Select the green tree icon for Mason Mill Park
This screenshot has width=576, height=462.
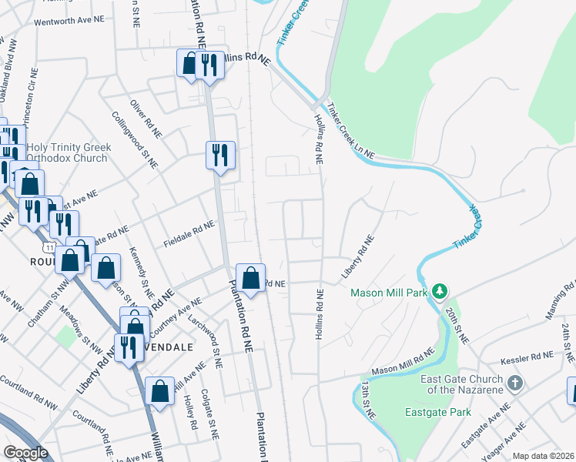pyautogui.click(x=439, y=292)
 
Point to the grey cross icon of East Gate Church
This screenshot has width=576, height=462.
pyautogui.click(x=515, y=383)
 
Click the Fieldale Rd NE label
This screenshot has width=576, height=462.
pyautogui.click(x=188, y=235)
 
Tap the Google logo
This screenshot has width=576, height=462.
pyautogui.click(x=25, y=453)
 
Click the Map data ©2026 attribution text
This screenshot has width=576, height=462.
pyautogui.click(x=543, y=456)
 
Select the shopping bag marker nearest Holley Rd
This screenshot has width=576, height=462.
pyautogui.click(x=159, y=391)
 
